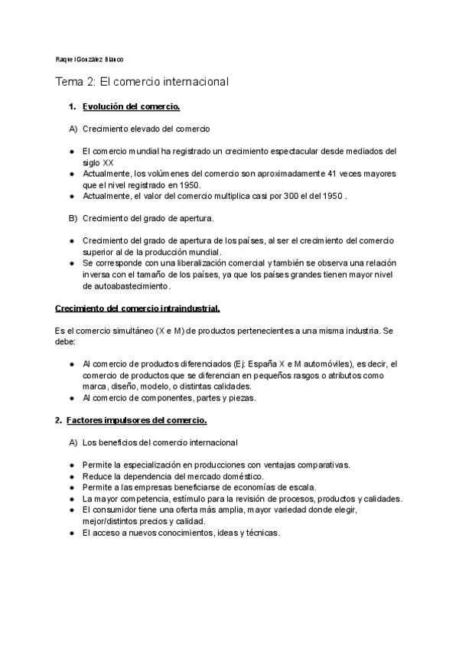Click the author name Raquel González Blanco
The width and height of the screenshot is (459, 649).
tap(90, 59)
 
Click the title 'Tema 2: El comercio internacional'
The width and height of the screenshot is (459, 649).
tap(142, 80)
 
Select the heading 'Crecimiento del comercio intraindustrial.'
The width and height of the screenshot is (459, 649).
tap(138, 308)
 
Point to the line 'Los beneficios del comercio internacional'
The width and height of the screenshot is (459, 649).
tap(160, 442)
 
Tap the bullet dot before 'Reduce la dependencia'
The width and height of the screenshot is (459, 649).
tap(71, 476)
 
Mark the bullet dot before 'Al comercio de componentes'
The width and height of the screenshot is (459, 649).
tap(71, 398)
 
